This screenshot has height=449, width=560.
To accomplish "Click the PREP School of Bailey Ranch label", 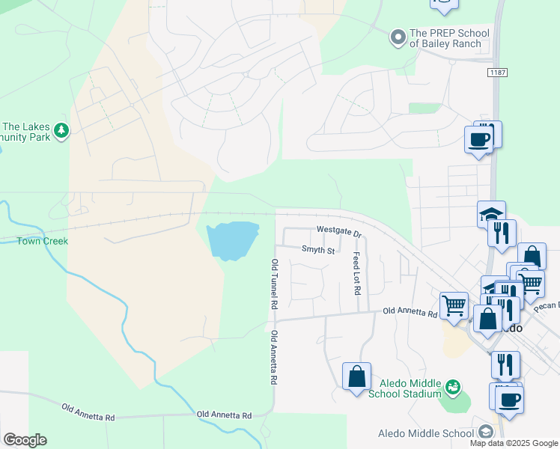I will [449, 38].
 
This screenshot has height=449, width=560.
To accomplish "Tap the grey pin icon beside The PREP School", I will [398, 34].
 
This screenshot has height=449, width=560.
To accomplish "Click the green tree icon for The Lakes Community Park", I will [61, 131].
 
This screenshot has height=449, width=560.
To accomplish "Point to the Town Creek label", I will [43, 241].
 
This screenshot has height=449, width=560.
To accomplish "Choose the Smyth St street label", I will [318, 250].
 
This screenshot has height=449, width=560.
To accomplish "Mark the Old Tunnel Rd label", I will [275, 284].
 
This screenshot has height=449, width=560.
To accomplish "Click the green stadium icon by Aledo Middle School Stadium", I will [452, 387].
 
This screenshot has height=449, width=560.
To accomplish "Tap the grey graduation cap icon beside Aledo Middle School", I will [486, 432].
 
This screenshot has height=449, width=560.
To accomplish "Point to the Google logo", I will [25, 440].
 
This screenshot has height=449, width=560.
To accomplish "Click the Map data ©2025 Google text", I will [514, 443].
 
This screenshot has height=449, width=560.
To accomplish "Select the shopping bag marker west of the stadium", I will [356, 376].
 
